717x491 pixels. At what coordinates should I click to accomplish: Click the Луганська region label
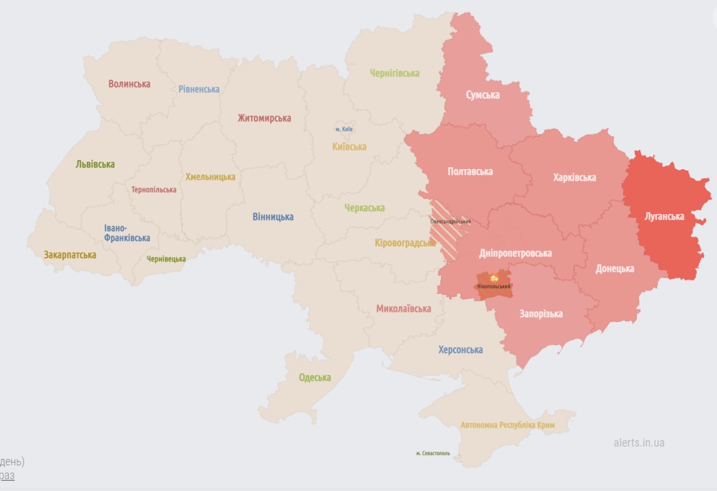pyautogui.click(x=664, y=216)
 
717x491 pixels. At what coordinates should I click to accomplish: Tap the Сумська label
pyautogui.click(x=482, y=95)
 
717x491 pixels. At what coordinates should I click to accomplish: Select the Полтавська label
pyautogui.click(x=470, y=172)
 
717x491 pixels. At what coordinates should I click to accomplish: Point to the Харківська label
pyautogui.click(x=574, y=178)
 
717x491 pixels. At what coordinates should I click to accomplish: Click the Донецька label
pyautogui.click(x=614, y=268)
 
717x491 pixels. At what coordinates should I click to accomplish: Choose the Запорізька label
pyautogui.click(x=541, y=313)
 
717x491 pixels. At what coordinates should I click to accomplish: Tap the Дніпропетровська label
pyautogui.click(x=515, y=253)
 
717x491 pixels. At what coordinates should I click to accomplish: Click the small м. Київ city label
pyautogui.click(x=344, y=129)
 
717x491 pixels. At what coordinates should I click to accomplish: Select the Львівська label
pyautogui.click(x=95, y=164)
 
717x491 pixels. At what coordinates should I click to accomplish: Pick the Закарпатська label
pyautogui.click(x=70, y=254)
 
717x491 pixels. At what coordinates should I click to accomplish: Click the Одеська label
pyautogui.click(x=314, y=377)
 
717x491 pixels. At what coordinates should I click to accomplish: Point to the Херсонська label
pyautogui.click(x=460, y=350)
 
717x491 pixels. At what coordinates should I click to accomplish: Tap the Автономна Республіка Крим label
pyautogui.click(x=508, y=425)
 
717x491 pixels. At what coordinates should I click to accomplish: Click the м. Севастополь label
pyautogui.click(x=432, y=453)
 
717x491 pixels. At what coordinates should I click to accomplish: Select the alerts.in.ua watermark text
pyautogui.click(x=639, y=442)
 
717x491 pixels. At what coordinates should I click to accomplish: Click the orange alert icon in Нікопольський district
pyautogui.click(x=493, y=278)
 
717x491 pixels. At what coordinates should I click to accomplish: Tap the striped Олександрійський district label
pyautogui.click(x=450, y=221)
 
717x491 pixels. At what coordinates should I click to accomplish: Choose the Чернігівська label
pyautogui.click(x=394, y=73)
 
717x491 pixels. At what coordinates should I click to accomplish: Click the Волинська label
pyautogui.click(x=129, y=84)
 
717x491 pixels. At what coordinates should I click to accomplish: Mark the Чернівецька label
pyautogui.click(x=166, y=259)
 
